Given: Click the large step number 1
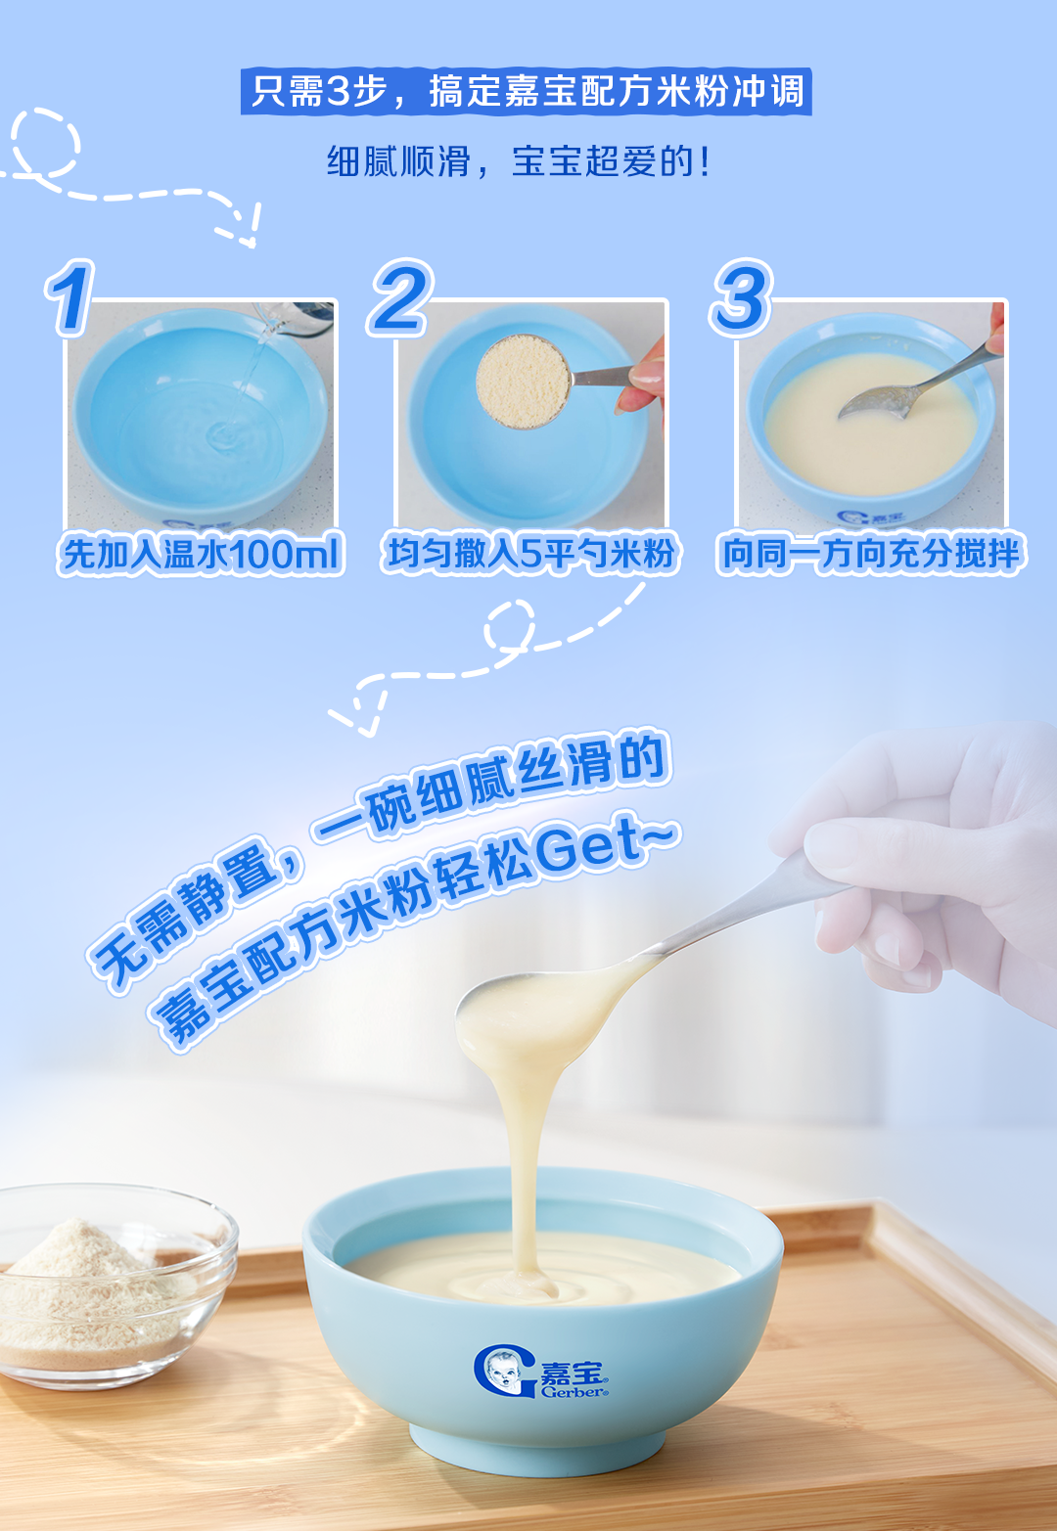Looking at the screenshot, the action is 69,298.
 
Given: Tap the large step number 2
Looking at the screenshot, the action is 400,297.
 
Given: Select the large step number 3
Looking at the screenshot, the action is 741,297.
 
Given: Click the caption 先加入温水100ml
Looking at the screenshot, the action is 201,553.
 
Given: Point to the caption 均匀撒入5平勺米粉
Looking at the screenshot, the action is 530,553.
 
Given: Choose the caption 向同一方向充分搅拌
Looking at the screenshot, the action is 870,553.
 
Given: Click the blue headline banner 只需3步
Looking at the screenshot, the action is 526,91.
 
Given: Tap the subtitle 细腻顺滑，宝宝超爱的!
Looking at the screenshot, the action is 520,162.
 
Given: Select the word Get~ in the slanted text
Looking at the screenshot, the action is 605,847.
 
